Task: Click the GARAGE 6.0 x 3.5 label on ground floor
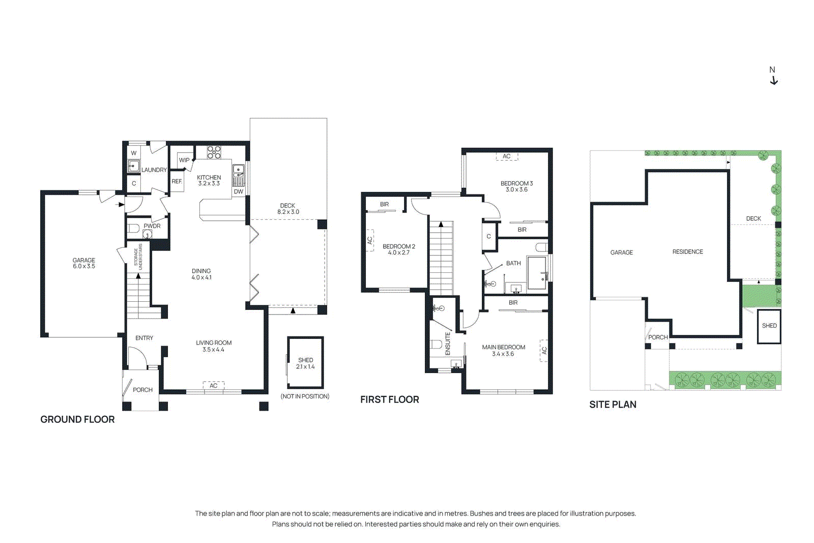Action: [84, 263]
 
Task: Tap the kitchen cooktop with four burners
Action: [214, 152]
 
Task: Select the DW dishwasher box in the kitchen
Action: [239, 192]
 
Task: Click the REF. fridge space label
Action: [177, 182]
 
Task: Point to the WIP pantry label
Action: [184, 160]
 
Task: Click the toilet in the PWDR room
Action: [133, 228]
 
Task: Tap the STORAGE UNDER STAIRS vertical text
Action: [138, 257]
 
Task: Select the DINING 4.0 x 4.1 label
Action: [201, 274]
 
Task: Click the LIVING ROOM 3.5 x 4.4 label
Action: [214, 346]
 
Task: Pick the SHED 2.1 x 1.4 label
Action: [305, 363]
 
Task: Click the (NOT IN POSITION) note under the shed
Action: [305, 396]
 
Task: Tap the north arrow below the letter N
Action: [774, 81]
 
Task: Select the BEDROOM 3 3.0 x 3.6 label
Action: [516, 186]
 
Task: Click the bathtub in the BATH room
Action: [537, 273]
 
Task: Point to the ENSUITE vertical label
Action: [448, 344]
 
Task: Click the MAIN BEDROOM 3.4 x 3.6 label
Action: [503, 350]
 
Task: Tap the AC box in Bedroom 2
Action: [370, 240]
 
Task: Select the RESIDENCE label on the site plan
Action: [687, 252]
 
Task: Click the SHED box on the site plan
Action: [769, 326]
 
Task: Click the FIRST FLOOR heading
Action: [390, 400]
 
